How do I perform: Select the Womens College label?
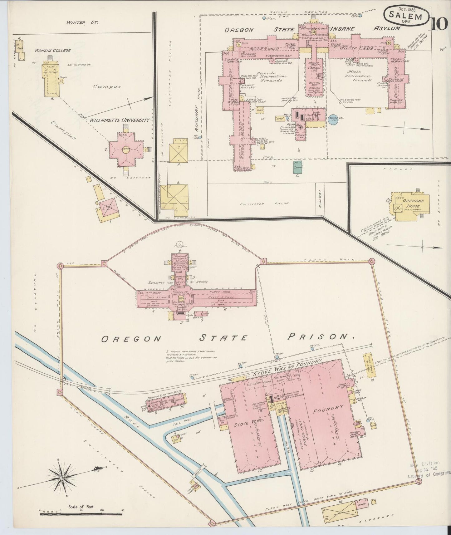point(53,50)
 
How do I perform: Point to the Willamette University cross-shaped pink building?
point(126,149)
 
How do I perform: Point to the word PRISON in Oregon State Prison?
point(321,336)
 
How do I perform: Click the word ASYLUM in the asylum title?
point(387,29)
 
